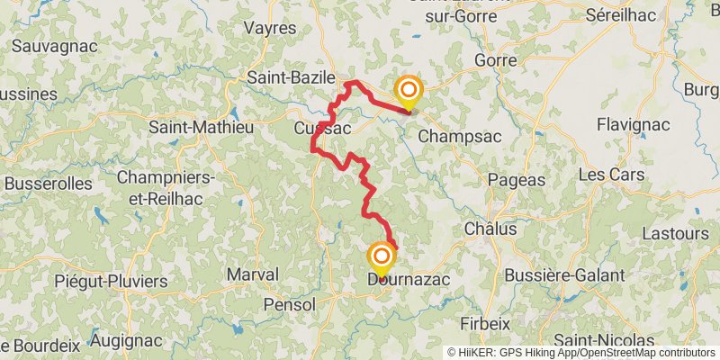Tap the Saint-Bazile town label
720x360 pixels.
pos(291,77)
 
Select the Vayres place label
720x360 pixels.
pos(270,28)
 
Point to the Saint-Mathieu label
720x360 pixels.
pos(201,127)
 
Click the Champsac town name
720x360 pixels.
pos(460,136)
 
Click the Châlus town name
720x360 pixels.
pos(490,229)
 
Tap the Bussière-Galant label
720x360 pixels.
pos(565,274)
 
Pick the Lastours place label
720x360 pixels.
pos(677,233)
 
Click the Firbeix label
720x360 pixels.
pos(486,323)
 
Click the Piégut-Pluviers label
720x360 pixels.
pos(111,282)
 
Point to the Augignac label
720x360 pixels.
pos(126,341)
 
